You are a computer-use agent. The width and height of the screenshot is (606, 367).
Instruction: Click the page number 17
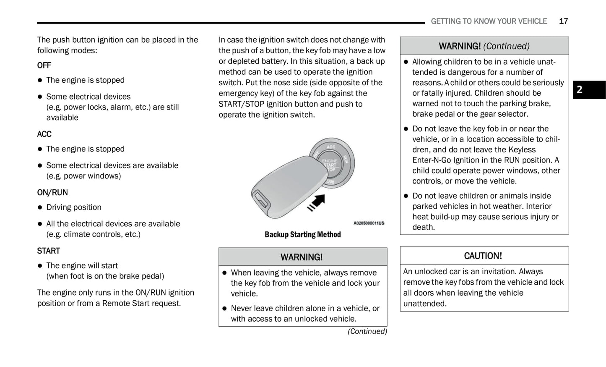point(563,21)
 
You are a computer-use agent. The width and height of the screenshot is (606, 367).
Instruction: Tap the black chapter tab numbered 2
point(589,89)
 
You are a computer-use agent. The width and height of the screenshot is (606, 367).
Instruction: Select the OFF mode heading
point(44,65)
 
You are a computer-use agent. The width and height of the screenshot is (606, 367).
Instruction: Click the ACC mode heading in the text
point(44,134)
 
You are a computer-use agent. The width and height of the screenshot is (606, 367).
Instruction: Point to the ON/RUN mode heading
point(52,192)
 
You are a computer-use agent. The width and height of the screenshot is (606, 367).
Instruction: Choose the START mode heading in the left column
point(48,251)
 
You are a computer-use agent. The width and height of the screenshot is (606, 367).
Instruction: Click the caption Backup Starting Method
point(302,234)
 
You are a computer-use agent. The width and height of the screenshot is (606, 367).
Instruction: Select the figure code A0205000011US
point(369,223)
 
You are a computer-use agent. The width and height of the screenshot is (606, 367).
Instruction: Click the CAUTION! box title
point(483,256)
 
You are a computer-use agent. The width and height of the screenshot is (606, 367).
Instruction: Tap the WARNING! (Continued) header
point(484,46)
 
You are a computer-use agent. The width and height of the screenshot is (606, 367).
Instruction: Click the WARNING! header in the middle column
point(302,257)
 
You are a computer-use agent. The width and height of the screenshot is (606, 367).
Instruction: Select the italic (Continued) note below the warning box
point(367,331)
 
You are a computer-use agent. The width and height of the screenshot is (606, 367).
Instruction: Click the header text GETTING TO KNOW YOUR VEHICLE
point(489,21)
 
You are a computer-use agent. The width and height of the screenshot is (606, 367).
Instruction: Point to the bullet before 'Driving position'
point(40,207)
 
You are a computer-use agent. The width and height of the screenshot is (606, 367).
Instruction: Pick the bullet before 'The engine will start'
point(40,266)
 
